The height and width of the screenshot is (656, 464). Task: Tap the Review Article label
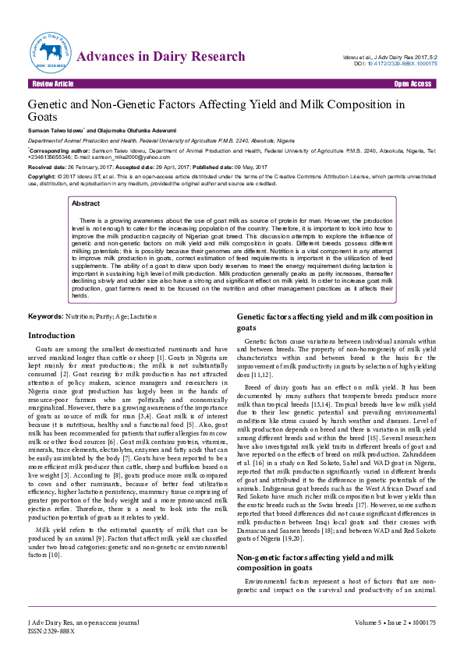(x=53, y=83)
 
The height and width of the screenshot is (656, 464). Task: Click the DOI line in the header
(x=395, y=64)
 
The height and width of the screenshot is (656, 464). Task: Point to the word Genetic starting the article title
(x=51, y=104)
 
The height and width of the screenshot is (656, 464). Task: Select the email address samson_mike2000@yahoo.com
(x=138, y=157)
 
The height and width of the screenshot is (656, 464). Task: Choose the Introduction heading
(x=51, y=335)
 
